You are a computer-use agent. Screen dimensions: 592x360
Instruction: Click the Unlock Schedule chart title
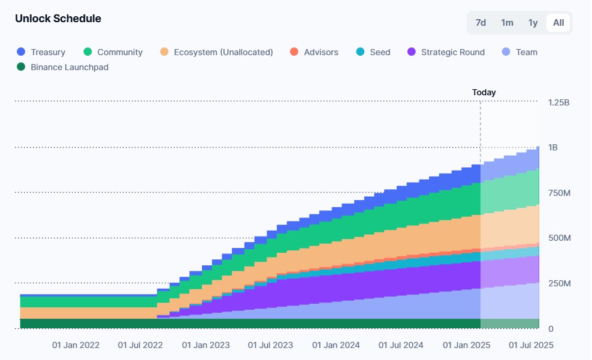pyautogui.click(x=58, y=19)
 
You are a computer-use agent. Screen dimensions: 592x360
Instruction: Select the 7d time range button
pyautogui.click(x=481, y=23)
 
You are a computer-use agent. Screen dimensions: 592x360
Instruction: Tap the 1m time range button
pyautogui.click(x=507, y=23)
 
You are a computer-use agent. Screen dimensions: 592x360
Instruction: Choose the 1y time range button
pyautogui.click(x=533, y=23)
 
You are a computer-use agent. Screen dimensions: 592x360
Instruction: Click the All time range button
pyautogui.click(x=558, y=23)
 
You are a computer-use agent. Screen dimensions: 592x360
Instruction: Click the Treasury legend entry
pyautogui.click(x=41, y=52)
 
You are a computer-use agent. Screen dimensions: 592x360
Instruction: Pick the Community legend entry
pyautogui.click(x=113, y=52)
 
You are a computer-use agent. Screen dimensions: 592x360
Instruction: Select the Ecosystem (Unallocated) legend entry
pyautogui.click(x=216, y=52)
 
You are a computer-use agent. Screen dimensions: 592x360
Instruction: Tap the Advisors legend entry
pyautogui.click(x=314, y=52)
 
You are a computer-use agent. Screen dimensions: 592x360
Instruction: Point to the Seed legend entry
pyautogui.click(x=373, y=52)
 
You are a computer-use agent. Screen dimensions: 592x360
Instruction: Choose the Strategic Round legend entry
pyautogui.click(x=446, y=52)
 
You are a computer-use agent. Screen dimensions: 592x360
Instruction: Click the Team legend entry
pyautogui.click(x=519, y=52)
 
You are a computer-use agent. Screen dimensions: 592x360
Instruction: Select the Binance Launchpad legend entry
pyautogui.click(x=63, y=67)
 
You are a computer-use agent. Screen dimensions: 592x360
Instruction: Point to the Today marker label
pyautogui.click(x=484, y=92)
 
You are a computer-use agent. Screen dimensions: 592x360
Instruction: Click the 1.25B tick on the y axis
pyautogui.click(x=559, y=102)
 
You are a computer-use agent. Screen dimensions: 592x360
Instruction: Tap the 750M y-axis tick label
pyautogui.click(x=559, y=193)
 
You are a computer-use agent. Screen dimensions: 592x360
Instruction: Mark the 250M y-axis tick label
pyautogui.click(x=559, y=284)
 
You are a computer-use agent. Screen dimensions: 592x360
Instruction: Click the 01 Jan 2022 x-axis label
pyautogui.click(x=76, y=345)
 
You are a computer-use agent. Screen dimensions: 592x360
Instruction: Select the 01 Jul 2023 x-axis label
pyautogui.click(x=270, y=345)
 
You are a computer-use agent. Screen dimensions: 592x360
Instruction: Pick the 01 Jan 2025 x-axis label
pyautogui.click(x=467, y=345)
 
